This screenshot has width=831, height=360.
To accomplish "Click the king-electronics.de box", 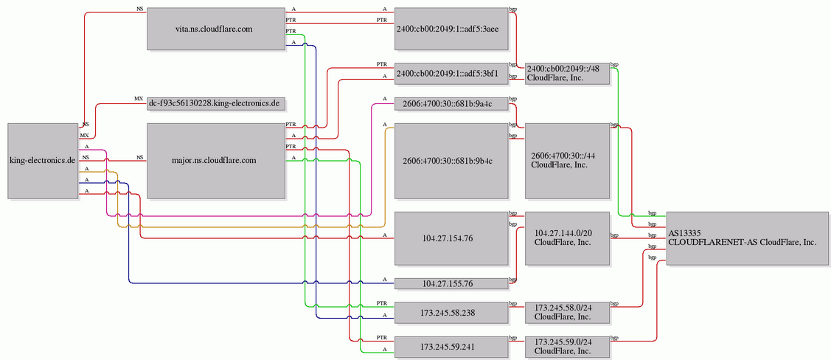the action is (x=43, y=161).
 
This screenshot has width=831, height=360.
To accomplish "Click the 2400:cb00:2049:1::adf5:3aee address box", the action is (x=451, y=30).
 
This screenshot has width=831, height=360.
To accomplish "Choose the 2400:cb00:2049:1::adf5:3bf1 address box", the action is (x=451, y=74).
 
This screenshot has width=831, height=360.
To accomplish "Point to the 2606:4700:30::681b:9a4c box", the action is (x=451, y=104).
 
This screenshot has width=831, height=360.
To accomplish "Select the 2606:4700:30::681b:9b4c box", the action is (x=451, y=161).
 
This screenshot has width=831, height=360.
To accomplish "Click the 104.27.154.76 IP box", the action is (x=451, y=238).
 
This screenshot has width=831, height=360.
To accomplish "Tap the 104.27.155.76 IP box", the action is (x=451, y=284).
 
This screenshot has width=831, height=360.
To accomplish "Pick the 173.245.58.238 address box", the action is (x=451, y=313).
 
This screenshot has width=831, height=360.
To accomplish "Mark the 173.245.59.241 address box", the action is (x=451, y=347).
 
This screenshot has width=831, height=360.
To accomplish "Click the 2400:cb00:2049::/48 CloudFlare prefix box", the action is (x=567, y=74).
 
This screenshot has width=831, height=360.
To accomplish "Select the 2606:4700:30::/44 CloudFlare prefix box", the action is (x=567, y=161).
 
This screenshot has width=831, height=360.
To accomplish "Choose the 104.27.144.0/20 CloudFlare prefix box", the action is (x=567, y=238).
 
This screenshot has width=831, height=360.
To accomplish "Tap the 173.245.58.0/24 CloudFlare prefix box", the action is (x=567, y=313).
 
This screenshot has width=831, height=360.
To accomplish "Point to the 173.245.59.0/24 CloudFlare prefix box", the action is (x=567, y=347).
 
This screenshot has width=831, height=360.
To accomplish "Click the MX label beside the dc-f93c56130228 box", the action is (x=139, y=99).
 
